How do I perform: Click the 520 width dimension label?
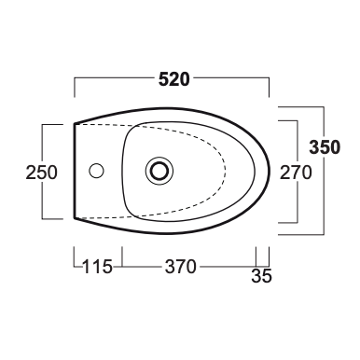(173, 79)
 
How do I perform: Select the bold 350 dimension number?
(325, 147)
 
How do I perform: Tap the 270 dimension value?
(296, 173)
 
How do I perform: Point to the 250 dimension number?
(42, 173)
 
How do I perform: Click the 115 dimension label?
(97, 267)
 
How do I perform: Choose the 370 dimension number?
(181, 267)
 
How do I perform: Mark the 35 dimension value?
(261, 276)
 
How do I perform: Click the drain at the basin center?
(159, 171)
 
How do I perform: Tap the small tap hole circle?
(96, 171)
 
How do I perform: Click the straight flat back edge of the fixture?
(75, 171)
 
